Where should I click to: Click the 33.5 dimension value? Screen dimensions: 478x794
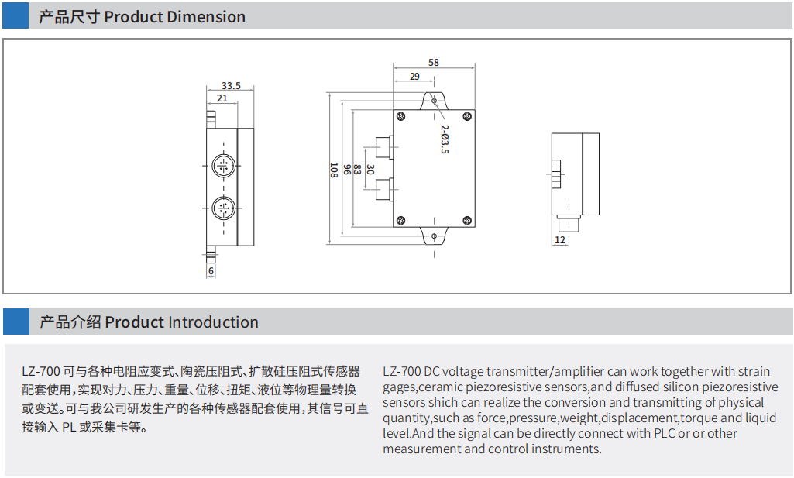coord(231,86)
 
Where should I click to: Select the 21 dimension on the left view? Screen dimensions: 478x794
coord(222,98)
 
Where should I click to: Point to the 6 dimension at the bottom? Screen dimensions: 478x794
coord(211,271)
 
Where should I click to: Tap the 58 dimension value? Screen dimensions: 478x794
coord(433,63)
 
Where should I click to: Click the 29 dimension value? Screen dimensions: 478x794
coord(414,76)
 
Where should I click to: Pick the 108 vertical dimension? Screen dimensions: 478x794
coord(333,170)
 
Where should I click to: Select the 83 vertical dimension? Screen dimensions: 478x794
coord(358,170)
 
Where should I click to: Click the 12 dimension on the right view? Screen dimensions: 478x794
coord(559,240)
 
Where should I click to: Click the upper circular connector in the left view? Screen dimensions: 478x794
coord(223,165)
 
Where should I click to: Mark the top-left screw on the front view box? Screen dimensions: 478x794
coord(401,116)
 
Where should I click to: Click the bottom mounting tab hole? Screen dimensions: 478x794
coord(434,236)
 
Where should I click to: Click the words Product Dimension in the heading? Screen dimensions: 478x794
coord(174,17)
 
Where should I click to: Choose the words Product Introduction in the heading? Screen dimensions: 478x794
coord(182,322)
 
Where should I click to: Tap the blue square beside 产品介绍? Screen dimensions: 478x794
coord(16,322)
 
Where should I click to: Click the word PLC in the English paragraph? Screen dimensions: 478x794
coord(664,433)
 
